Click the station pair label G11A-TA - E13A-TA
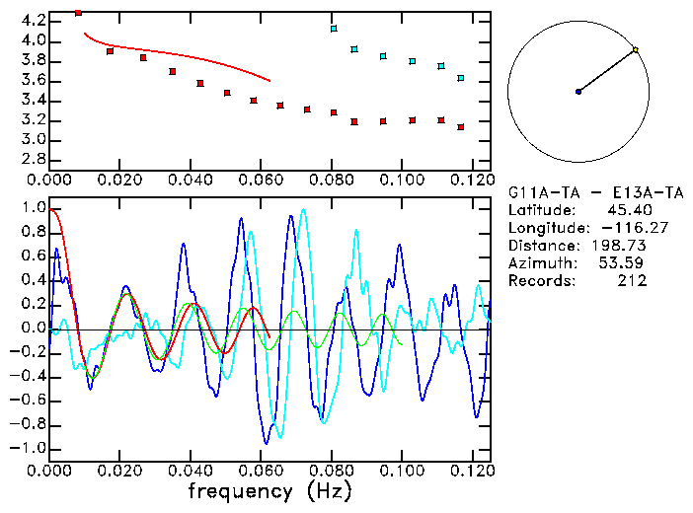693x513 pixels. point(588,191)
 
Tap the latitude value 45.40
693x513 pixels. point(628,209)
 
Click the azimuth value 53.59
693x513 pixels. point(623,262)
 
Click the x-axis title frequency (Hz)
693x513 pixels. point(269,490)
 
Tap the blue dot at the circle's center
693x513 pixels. point(578,92)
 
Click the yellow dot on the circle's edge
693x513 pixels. point(636,49)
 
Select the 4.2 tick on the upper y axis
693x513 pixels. point(31,20)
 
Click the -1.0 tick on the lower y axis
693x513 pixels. point(27,448)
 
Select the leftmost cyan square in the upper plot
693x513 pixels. point(334,29)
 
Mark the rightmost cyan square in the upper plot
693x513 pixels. point(461,77)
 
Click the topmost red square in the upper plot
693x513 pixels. point(78,13)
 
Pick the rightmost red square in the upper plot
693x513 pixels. point(461,127)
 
